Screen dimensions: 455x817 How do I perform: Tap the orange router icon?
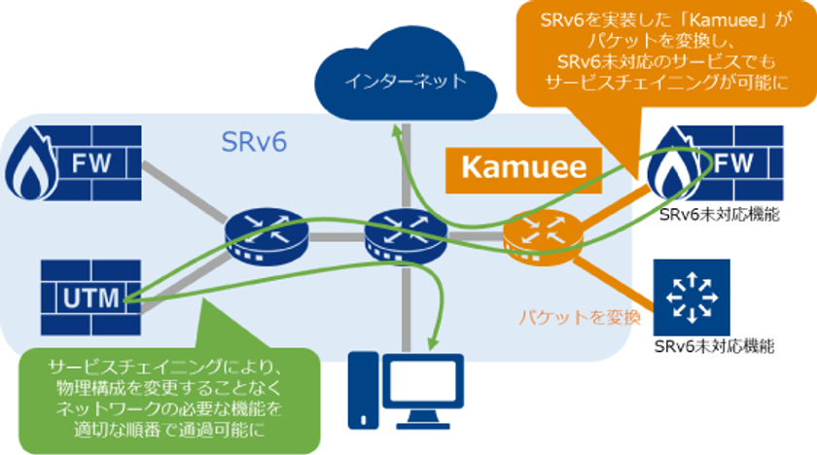point(533,234)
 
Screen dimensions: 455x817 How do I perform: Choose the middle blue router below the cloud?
point(397,234)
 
